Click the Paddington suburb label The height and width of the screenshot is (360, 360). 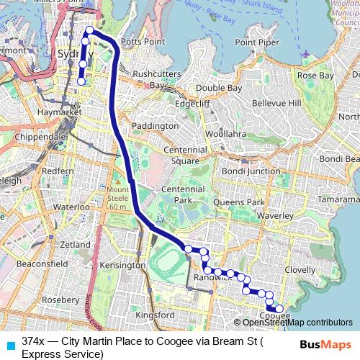(154, 125)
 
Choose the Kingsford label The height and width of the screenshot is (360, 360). (155, 315)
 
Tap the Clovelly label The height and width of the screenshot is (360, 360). (300, 269)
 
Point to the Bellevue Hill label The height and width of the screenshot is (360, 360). (274, 104)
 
